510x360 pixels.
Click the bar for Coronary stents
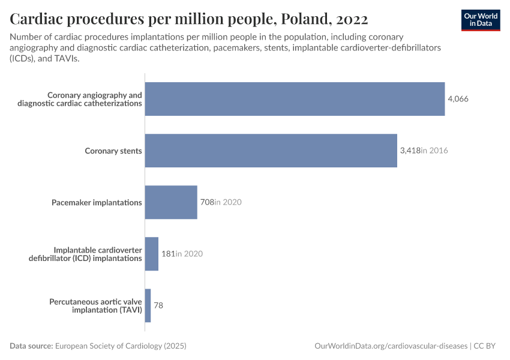tap(271, 151)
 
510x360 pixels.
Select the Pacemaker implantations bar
tap(171, 202)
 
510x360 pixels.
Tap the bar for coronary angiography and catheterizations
tap(295, 99)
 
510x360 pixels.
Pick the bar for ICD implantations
tap(151, 254)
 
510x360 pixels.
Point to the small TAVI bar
tap(148, 305)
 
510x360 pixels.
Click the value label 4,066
tap(458, 99)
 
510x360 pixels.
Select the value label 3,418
tap(410, 151)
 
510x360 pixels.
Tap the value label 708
tap(206, 202)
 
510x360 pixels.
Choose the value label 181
tap(167, 254)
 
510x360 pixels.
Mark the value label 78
tap(158, 305)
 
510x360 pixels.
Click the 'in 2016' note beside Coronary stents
tap(434, 151)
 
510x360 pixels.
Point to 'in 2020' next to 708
tap(229, 202)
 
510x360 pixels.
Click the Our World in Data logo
tap(481, 19)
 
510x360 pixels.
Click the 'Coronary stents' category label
tap(113, 151)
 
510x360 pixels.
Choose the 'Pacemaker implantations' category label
tap(97, 202)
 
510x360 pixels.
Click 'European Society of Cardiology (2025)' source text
tap(121, 346)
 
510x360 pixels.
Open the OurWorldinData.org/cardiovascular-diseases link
tap(391, 346)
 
